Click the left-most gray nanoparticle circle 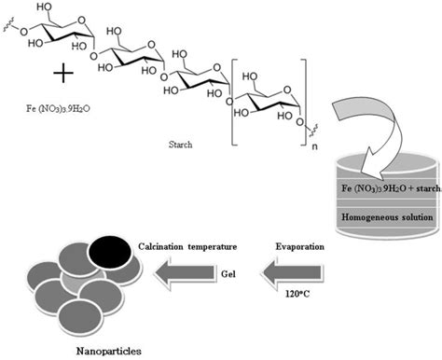(x=34, y=280)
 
